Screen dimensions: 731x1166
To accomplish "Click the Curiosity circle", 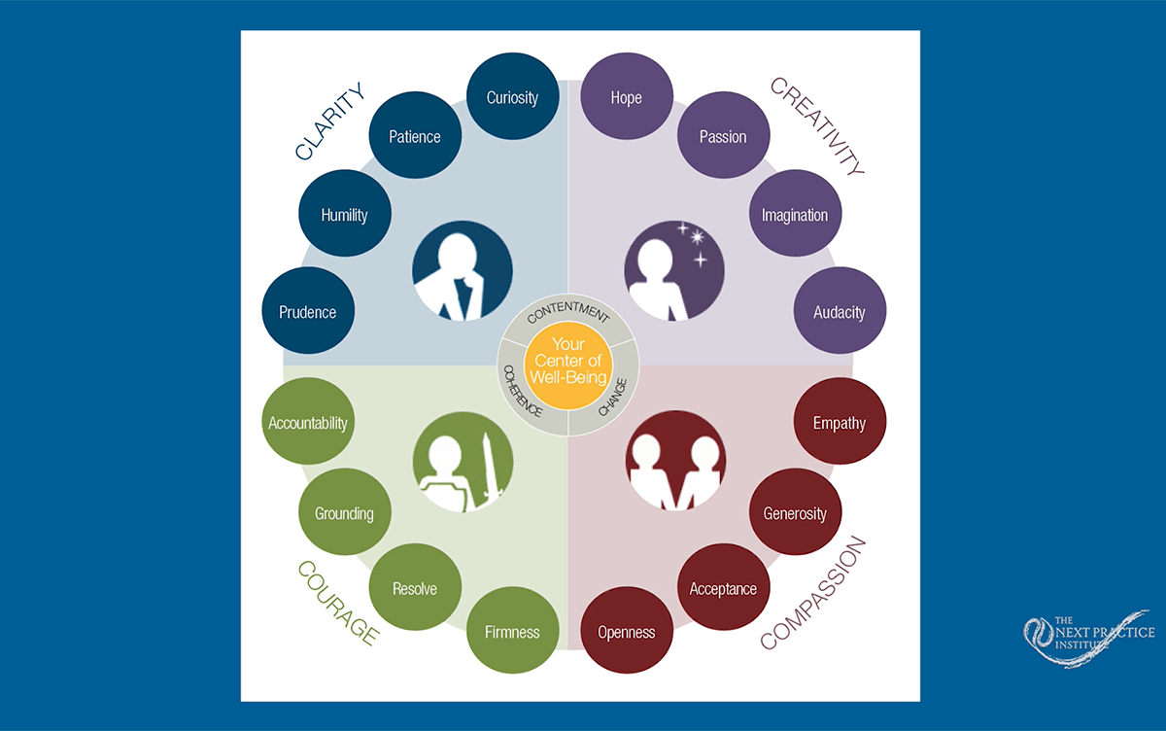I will [512, 98].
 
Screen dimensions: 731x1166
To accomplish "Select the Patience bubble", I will [415, 136].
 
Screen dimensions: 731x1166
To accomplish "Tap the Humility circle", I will [344, 215].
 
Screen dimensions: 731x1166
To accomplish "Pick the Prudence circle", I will [308, 312].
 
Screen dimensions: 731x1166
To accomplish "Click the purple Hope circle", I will [627, 98].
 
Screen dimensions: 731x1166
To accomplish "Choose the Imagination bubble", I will [795, 215].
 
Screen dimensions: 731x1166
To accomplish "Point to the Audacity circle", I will [840, 312].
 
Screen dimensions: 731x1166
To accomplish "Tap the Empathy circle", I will [840, 424].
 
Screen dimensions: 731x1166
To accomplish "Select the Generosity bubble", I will [795, 513].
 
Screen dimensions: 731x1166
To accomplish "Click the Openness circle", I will [626, 632].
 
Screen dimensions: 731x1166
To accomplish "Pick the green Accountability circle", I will [308, 424].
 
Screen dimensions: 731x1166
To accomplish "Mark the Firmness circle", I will [512, 632].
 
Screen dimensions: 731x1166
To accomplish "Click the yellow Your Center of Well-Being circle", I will [568, 364].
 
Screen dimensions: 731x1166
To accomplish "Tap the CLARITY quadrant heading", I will [330, 122].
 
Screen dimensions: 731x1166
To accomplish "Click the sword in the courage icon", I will [489, 467].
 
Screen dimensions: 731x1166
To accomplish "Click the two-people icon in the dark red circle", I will [676, 462].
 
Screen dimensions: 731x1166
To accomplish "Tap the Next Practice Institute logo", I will [1088, 637].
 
